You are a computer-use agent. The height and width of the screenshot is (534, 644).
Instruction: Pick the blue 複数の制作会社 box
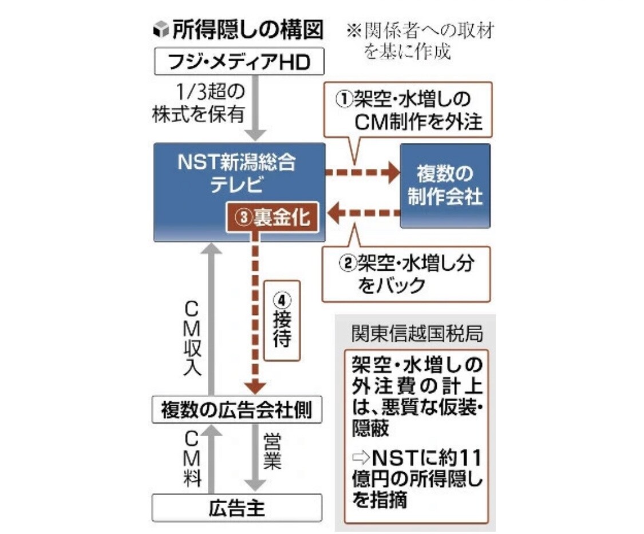click(445, 186)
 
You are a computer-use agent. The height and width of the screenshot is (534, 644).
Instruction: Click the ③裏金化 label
click(272, 218)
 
